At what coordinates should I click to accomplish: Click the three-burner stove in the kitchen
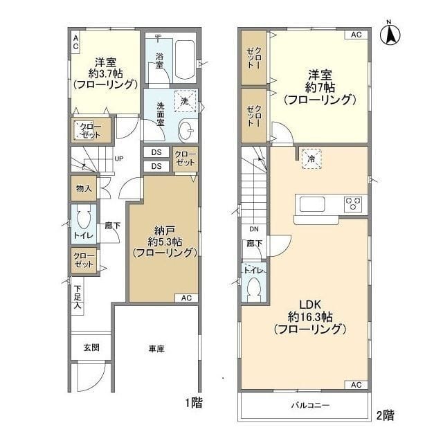(x=353, y=204)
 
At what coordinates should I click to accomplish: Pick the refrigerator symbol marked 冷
(x=312, y=159)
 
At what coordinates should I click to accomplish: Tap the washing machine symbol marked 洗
(x=184, y=101)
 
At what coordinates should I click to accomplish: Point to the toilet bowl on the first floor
(x=84, y=221)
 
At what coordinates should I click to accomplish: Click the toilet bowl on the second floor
(x=253, y=286)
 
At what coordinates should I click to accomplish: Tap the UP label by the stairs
(x=118, y=159)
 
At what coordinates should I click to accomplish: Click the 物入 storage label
(x=84, y=188)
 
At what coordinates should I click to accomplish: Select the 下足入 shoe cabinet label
(x=78, y=297)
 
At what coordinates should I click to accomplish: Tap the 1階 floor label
(x=193, y=401)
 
